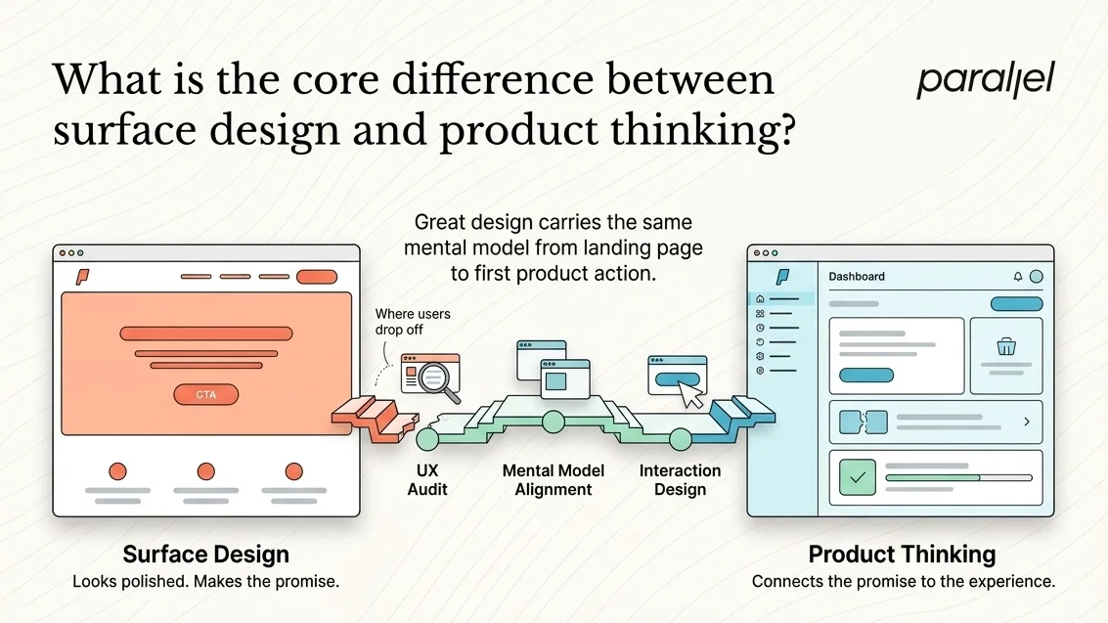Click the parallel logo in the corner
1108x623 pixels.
coord(985,80)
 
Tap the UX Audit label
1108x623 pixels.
coord(427,479)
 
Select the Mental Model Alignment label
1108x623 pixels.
coord(554,479)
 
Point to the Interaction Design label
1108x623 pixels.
coord(680,479)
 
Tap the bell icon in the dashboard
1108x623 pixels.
coord(1018,276)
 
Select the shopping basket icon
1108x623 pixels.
coord(1006,347)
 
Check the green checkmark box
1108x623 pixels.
coord(857,477)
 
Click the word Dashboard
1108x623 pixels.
coord(857,276)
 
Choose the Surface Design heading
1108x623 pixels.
coord(205,555)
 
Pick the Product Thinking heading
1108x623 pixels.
coord(902,555)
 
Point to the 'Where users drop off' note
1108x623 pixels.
coord(413,322)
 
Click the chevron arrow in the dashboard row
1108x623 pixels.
coord(1027,422)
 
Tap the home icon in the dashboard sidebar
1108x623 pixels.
coord(760,299)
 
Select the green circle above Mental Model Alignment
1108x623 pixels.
coord(554,422)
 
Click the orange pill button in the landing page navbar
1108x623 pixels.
coord(317,276)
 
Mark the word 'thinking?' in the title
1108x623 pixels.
coord(703,131)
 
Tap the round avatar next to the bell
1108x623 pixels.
coord(1036,276)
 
